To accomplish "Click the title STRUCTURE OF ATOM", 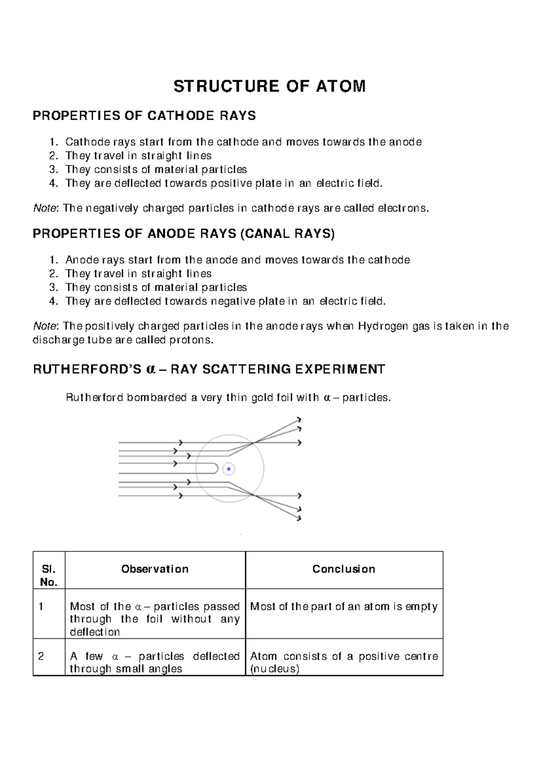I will (x=270, y=86).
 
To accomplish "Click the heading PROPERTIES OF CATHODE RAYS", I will (x=144, y=116).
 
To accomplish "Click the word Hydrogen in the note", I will (x=383, y=326).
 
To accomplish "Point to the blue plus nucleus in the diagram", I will (x=229, y=469).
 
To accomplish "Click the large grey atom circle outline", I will (x=263, y=469).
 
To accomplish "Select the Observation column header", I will (x=155, y=569).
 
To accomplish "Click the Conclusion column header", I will (x=344, y=569).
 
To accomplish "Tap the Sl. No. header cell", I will (x=49, y=576).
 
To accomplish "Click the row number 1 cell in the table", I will (x=41, y=607).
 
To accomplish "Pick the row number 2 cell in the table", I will (x=41, y=656).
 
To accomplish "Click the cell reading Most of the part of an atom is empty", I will (x=344, y=607).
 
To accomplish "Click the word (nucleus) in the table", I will (x=275, y=669).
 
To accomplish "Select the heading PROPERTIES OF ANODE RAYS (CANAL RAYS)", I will (x=183, y=234).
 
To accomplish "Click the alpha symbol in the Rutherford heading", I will (x=151, y=369).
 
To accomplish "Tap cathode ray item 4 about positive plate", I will (x=224, y=184).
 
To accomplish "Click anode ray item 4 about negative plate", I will (x=225, y=301).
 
